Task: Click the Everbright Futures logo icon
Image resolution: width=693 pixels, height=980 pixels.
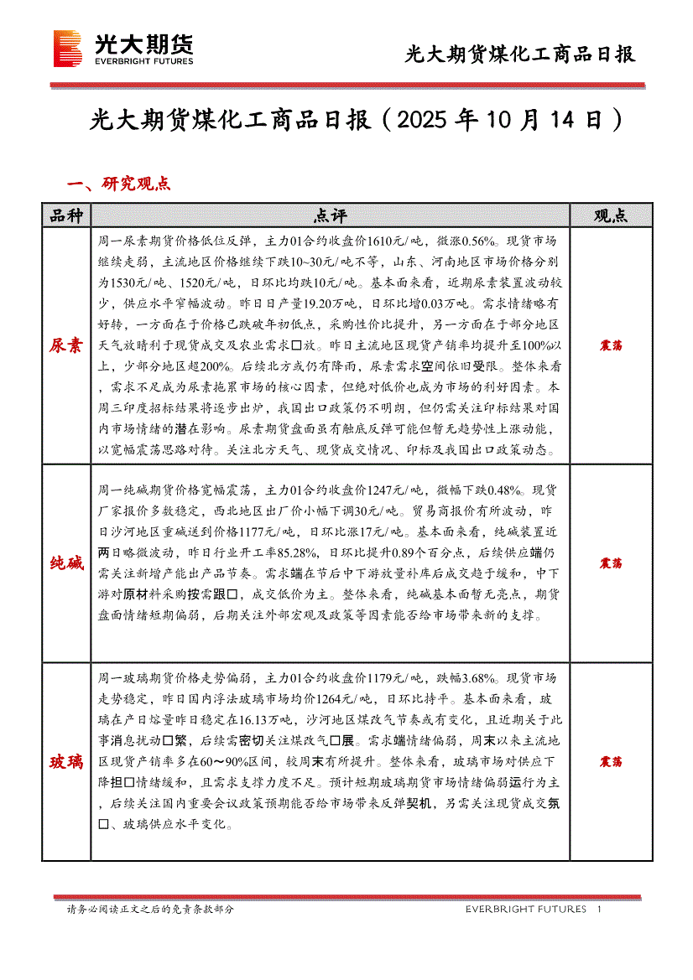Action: click(68, 48)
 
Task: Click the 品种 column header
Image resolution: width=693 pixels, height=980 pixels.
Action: click(66, 215)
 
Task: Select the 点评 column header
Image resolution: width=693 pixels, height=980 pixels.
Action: click(330, 215)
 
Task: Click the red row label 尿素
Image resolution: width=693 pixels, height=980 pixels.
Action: click(66, 345)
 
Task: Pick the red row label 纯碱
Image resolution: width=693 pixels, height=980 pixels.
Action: click(66, 563)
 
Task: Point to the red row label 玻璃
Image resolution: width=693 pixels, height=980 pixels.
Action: click(66, 762)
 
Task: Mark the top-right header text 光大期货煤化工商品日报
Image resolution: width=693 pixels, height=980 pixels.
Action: click(520, 55)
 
